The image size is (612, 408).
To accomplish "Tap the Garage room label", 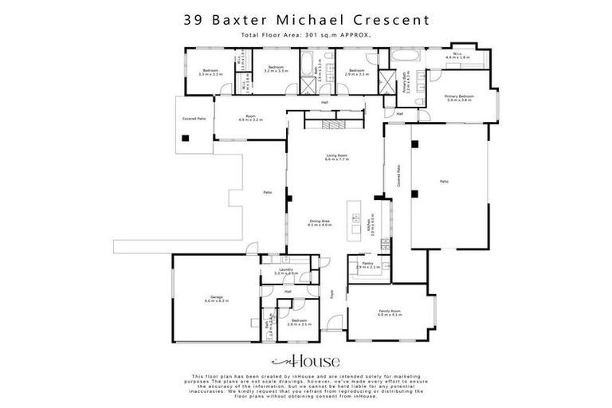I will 216,299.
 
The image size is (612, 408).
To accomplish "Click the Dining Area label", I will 320,223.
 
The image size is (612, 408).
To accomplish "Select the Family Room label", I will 390,313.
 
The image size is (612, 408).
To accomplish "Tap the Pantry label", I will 368,264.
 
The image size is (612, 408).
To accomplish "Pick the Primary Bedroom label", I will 459,98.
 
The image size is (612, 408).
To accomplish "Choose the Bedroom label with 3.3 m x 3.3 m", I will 210,70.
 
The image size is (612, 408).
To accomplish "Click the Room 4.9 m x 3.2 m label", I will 250,117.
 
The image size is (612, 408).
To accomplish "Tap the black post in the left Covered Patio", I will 185,137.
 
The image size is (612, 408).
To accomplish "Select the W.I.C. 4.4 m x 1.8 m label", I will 457,57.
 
